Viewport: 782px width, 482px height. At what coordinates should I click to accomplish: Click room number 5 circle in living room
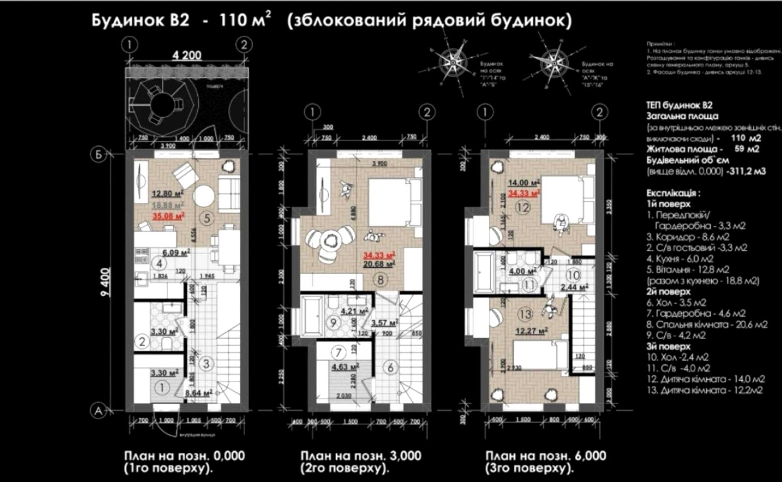(x=207, y=218)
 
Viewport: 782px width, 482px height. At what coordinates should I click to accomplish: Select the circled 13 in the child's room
(x=525, y=314)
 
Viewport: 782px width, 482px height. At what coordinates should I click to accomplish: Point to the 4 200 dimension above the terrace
(x=187, y=55)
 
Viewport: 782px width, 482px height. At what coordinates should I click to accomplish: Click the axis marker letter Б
(x=99, y=154)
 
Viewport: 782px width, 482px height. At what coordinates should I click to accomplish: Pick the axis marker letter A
(x=99, y=411)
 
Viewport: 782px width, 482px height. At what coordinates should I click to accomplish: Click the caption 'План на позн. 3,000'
(x=360, y=456)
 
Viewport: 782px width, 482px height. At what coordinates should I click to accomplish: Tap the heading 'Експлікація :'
(x=673, y=193)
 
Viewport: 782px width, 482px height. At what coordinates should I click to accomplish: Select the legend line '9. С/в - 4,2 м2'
(x=676, y=335)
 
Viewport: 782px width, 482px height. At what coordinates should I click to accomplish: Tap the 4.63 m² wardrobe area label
(x=345, y=366)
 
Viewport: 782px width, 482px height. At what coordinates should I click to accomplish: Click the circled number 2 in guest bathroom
(x=142, y=341)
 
